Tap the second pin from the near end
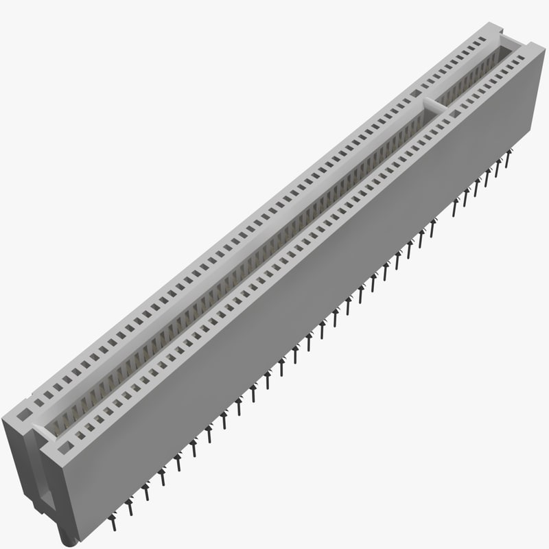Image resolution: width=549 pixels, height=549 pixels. click(128, 508)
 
